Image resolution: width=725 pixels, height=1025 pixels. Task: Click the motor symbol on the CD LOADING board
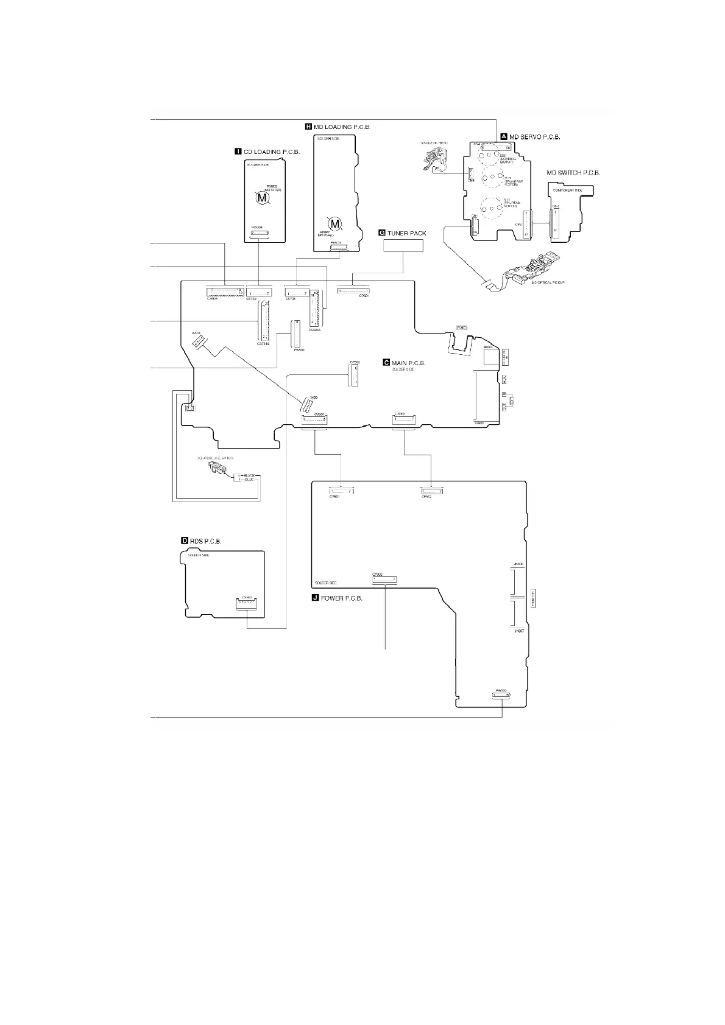[x=261, y=197]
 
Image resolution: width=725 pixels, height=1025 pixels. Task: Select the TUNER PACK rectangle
[x=403, y=245]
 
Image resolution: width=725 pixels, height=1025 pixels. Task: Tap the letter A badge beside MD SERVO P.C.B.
[x=503, y=136]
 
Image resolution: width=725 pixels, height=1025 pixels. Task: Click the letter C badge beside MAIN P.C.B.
[x=386, y=362]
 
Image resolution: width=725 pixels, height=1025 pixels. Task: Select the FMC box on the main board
[x=462, y=327]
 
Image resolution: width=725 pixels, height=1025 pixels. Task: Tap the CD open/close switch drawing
[x=215, y=467]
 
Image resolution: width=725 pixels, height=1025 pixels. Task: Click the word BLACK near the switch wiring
[x=249, y=474]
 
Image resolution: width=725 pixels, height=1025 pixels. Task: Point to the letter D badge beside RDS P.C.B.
[x=185, y=540]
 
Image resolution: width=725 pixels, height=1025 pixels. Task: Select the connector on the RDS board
[x=247, y=604]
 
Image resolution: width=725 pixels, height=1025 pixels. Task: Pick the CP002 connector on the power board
[x=384, y=579]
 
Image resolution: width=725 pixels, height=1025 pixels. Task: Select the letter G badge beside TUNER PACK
[x=382, y=233]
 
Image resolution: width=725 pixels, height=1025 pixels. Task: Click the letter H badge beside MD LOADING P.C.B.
[x=308, y=127]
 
